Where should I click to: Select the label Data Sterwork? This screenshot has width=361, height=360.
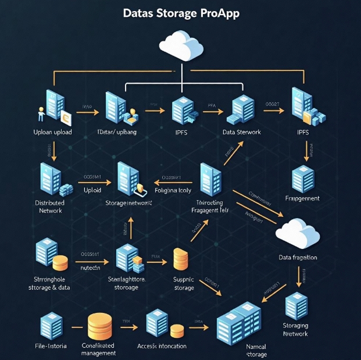242,132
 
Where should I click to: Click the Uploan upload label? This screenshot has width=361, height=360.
53,132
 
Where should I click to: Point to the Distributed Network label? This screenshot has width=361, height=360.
49,206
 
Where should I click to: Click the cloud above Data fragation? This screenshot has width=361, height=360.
297,231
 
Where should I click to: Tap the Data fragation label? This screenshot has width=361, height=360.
298,257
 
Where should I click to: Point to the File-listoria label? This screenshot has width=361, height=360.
51,346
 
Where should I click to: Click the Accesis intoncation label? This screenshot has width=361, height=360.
162,346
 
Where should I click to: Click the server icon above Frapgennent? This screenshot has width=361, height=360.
303,177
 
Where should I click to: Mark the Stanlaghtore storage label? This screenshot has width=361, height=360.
127,283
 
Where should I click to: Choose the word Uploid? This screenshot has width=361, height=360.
92,190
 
